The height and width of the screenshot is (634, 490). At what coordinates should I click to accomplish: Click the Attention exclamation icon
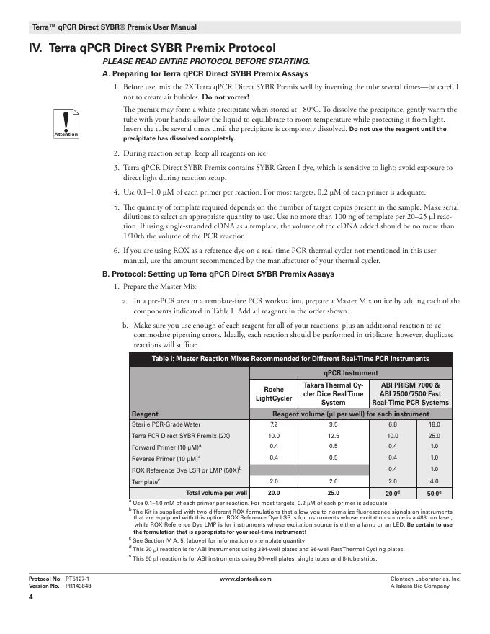[x=66, y=123]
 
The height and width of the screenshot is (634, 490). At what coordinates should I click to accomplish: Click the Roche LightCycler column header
[x=274, y=393]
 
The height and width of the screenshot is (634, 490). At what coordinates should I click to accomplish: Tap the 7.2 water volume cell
[x=274, y=425]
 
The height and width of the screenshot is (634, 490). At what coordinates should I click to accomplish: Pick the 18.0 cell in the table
[x=435, y=425]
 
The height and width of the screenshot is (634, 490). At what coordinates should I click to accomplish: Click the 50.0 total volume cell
[x=435, y=493]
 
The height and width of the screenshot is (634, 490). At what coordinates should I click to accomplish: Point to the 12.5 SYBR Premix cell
[x=333, y=437]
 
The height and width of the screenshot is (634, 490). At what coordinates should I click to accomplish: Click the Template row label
[x=147, y=481]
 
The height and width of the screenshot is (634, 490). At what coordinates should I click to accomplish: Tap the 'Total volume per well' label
[x=217, y=493]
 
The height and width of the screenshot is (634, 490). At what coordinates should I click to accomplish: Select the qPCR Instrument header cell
[x=351, y=373]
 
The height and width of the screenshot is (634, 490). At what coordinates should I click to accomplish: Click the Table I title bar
[x=290, y=359]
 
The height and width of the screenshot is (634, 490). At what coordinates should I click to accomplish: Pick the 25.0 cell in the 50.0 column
[x=435, y=437]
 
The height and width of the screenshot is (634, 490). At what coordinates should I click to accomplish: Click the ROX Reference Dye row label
[x=187, y=470]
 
